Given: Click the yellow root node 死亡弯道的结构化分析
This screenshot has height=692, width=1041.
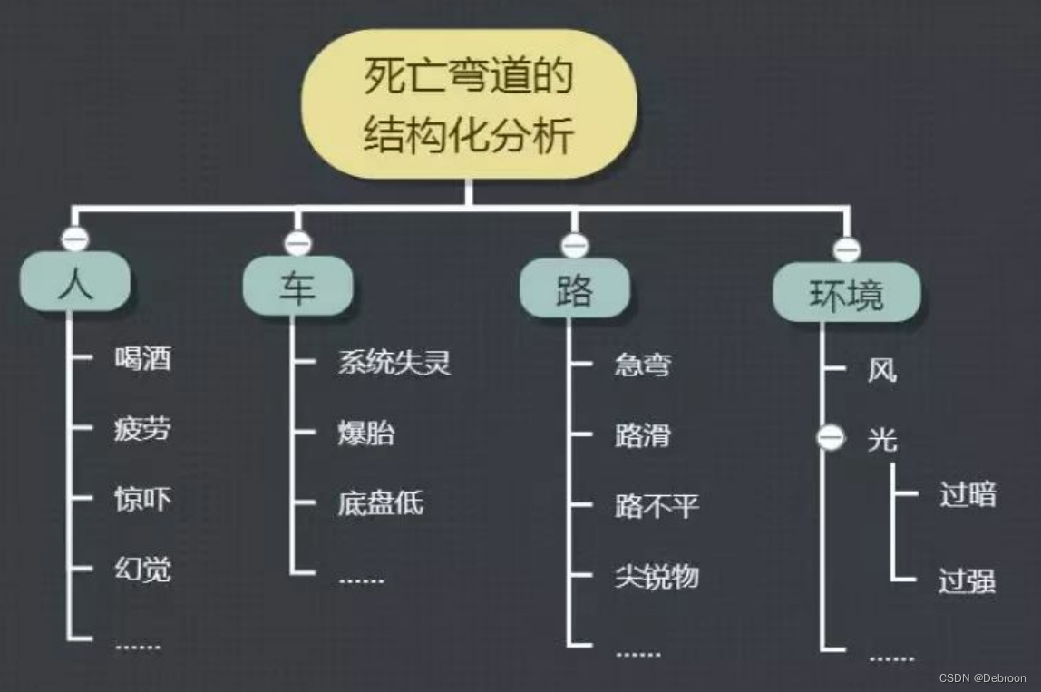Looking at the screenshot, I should [469, 104].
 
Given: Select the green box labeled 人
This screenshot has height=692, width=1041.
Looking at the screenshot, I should [75, 282].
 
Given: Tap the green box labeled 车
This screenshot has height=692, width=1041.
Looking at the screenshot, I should [297, 287].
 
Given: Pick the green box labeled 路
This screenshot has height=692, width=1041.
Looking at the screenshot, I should [574, 288].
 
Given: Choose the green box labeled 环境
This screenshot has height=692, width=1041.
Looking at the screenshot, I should [846, 292].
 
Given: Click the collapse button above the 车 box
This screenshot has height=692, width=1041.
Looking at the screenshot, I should [297, 243].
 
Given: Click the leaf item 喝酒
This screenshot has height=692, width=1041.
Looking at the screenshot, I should [142, 358].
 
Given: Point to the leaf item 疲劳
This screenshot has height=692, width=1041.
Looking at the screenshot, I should [142, 428].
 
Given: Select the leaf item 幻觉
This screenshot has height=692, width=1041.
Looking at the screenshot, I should [142, 570].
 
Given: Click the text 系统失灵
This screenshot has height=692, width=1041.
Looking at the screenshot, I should [394, 363].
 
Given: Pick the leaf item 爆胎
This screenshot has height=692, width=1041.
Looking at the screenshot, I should [366, 433].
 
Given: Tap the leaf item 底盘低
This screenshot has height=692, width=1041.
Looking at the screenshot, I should [380, 503].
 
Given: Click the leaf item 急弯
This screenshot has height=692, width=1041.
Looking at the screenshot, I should [643, 365].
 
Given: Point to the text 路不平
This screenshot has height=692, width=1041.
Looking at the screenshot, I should [657, 506].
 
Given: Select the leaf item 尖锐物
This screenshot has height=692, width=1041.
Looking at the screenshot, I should [657, 577].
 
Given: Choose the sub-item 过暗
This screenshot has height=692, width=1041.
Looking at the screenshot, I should [968, 495].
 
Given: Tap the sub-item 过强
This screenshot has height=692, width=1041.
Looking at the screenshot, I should [968, 580].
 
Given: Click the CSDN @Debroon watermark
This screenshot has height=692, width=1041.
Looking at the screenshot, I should [982, 678].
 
